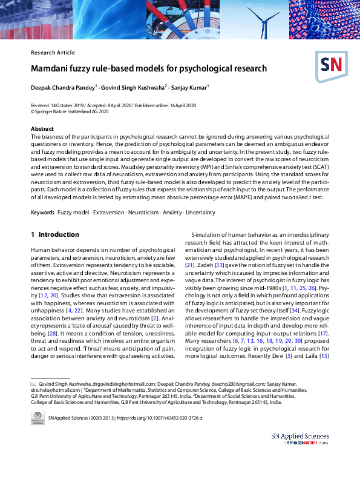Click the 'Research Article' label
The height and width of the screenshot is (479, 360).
coord(53,53)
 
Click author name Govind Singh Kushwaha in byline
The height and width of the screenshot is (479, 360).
coord(128,88)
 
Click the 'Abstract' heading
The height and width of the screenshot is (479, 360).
coord(42,128)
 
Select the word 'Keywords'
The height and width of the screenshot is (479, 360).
coord(43,213)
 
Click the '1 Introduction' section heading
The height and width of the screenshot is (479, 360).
coord(54,234)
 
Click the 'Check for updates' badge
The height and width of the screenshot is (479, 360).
coord(38,418)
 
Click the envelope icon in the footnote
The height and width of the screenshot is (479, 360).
coord(33,384)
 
